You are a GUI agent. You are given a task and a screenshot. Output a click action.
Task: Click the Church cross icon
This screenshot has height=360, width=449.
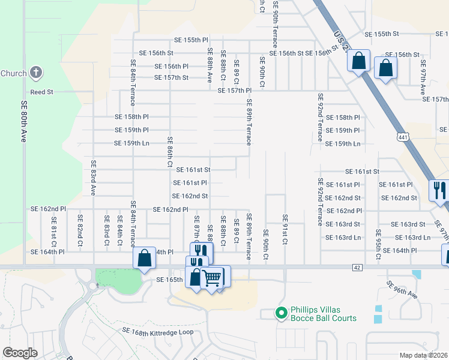36,74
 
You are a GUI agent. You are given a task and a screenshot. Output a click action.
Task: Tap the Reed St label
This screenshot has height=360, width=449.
42,92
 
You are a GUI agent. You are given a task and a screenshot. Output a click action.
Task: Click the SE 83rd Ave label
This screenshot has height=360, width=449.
93,178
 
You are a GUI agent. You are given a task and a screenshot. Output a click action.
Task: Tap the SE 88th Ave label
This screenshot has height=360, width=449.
209,65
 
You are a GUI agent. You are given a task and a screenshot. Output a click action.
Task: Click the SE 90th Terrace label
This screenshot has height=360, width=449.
275,24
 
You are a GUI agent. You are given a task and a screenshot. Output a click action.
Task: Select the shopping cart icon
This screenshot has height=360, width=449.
212,278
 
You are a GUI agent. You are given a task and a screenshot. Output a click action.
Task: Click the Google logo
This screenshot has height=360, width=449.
20,353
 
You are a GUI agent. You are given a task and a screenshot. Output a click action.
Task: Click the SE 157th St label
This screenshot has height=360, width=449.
171,77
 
